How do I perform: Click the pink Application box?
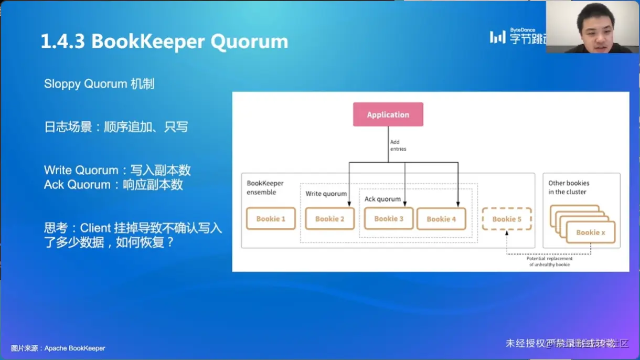pos(388,114)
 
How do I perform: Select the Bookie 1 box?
pos(271,219)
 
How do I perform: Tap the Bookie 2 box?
pos(329,219)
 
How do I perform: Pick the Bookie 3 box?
pos(389,218)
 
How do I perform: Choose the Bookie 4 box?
pos(441,219)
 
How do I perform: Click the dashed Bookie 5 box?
pos(506,219)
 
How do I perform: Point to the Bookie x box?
pos(591,232)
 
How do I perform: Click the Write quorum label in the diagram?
pos(326,194)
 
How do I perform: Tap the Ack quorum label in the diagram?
pos(382,199)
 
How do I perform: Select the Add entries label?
pos(398,145)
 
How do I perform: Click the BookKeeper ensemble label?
pos(265,187)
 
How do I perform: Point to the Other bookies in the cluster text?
pos(569,187)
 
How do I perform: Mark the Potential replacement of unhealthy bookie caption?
pos(549,261)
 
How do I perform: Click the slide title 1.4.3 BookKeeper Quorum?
pos(164,41)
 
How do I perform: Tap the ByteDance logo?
pos(517,36)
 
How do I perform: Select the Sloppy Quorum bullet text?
pos(99,84)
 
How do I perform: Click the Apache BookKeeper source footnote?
pos(58,348)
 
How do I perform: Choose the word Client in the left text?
pos(95,228)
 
